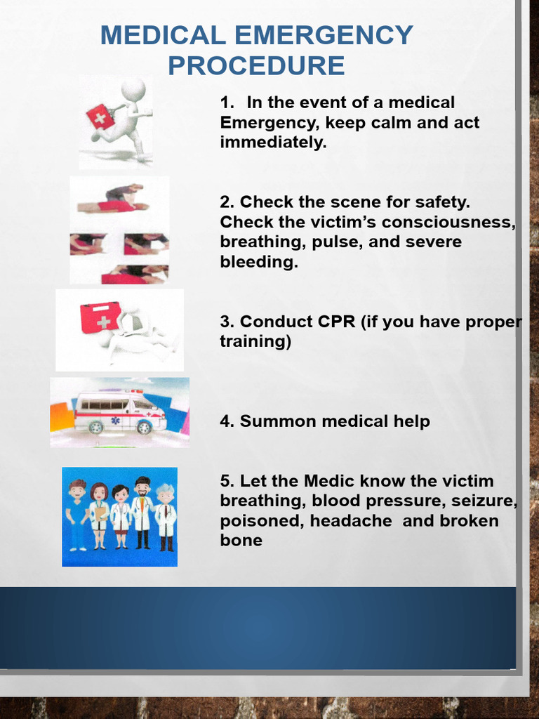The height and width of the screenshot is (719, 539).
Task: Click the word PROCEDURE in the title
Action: click(x=256, y=66)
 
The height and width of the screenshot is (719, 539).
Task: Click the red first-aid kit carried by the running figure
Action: click(x=100, y=117)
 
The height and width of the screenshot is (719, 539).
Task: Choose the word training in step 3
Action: click(x=253, y=342)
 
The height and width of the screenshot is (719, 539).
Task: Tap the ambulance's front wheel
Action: click(x=144, y=427)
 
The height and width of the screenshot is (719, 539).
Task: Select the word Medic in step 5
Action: click(x=329, y=481)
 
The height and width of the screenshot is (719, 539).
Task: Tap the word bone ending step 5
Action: click(x=241, y=541)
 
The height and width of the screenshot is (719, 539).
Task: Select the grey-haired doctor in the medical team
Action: click(x=166, y=517)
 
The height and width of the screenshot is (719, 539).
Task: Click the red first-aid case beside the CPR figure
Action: click(x=100, y=317)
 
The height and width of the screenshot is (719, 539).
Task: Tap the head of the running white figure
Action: click(x=133, y=89)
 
